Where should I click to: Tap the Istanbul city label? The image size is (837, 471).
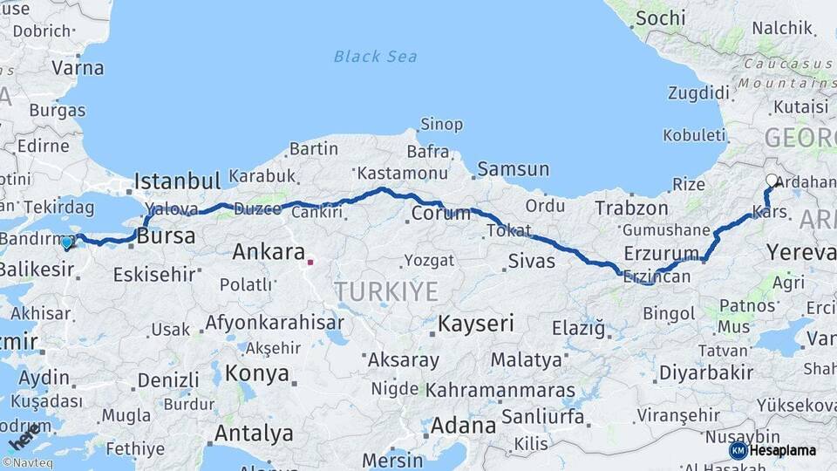click(177, 181)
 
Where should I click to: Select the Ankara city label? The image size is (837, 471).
click(268, 253)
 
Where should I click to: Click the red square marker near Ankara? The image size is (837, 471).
click(310, 260)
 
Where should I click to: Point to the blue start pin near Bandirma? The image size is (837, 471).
click(67, 242)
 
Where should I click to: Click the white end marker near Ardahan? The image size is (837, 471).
click(772, 181)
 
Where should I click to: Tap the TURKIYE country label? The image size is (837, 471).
click(386, 291)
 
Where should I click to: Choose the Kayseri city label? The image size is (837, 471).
click(476, 324)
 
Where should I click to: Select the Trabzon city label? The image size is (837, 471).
click(631, 208)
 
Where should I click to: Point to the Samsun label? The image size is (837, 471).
click(513, 169)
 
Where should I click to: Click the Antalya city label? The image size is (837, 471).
click(254, 433)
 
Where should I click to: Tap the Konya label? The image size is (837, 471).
click(256, 374)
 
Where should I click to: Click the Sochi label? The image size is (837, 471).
click(660, 18)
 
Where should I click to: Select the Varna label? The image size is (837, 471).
click(78, 68)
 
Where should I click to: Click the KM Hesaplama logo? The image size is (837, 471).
click(772, 450)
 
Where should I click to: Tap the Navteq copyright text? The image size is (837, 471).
click(28, 463)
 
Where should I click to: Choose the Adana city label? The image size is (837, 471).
click(464, 427)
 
